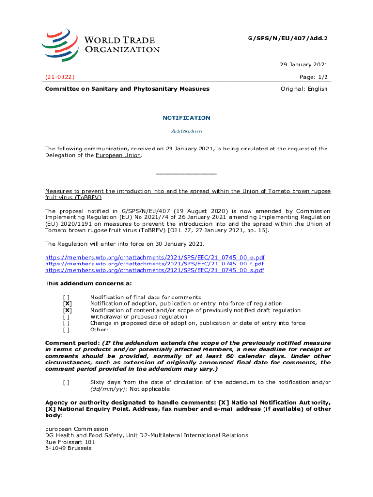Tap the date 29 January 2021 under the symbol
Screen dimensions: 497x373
click(x=304, y=65)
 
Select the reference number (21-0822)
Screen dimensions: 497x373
click(x=60, y=77)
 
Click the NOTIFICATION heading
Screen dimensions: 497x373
click(x=186, y=118)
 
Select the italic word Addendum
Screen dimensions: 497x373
click(x=186, y=132)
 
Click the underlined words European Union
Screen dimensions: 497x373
click(x=118, y=155)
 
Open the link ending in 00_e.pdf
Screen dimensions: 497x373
click(x=155, y=257)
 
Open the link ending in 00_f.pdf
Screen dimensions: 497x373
click(x=155, y=264)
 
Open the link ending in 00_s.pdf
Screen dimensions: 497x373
click(x=155, y=270)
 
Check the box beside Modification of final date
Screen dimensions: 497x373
click(x=67, y=298)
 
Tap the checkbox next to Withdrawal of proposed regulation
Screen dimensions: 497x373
click(x=67, y=317)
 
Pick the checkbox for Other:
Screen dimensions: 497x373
click(x=67, y=330)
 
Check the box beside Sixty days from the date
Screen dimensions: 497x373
click(x=67, y=382)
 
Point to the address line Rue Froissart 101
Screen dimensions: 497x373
click(x=70, y=442)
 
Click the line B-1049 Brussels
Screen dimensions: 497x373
click(x=68, y=448)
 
